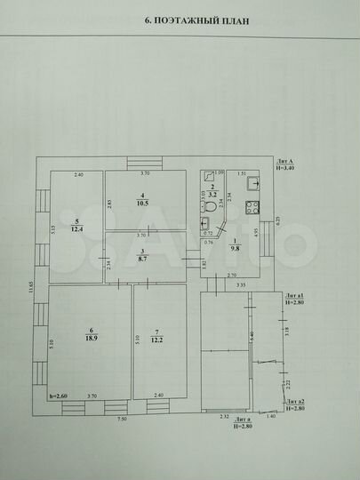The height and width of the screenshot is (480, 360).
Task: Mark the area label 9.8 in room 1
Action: pos(235,250)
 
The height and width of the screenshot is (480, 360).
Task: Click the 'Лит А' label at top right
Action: pos(285,160)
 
